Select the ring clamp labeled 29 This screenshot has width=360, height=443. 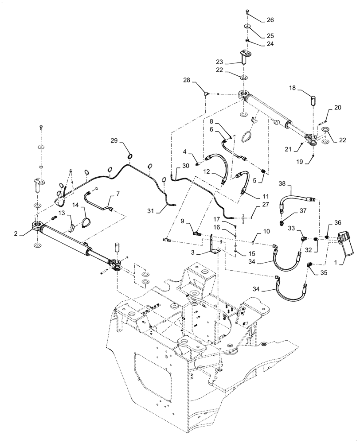tap(130, 155)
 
